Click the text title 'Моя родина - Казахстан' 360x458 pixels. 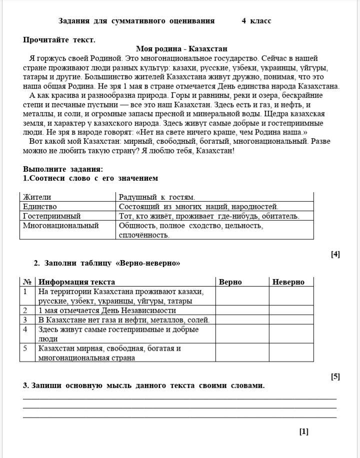(x=181, y=49)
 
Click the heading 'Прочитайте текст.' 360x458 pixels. (x=59, y=39)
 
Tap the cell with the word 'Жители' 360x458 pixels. (x=37, y=197)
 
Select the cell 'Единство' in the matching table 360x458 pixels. (x=40, y=206)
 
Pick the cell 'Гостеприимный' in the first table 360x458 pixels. (x=51, y=216)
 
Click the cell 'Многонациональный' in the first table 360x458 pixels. (x=61, y=225)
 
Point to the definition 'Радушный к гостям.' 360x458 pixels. (x=156, y=197)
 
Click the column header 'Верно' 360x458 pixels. (x=230, y=282)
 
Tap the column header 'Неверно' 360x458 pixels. (x=288, y=282)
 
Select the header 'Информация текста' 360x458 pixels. (x=77, y=282)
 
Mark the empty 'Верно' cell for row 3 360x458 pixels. (x=242, y=320)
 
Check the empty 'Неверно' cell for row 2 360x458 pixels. (x=291, y=310)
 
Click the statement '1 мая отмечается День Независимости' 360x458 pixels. (x=107, y=310)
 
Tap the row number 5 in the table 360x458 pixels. (x=25, y=348)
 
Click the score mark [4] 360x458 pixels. (x=335, y=254)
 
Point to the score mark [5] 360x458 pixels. (x=335, y=377)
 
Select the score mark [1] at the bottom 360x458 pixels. (x=303, y=432)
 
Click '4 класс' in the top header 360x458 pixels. (x=256, y=21)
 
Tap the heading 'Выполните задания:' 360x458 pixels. (x=63, y=169)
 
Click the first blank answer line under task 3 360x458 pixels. (x=180, y=398)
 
